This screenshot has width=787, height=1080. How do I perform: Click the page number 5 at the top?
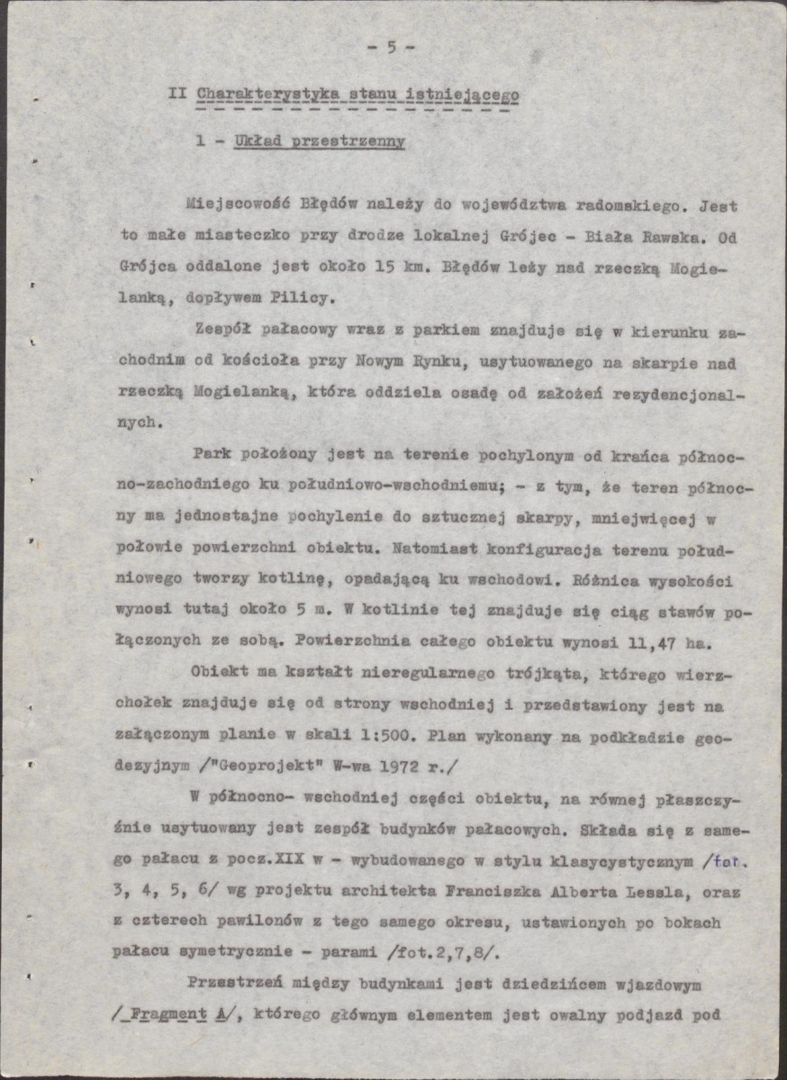392,48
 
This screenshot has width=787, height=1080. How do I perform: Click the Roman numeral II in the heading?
178,93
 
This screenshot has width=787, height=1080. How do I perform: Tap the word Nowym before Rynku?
409,363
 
